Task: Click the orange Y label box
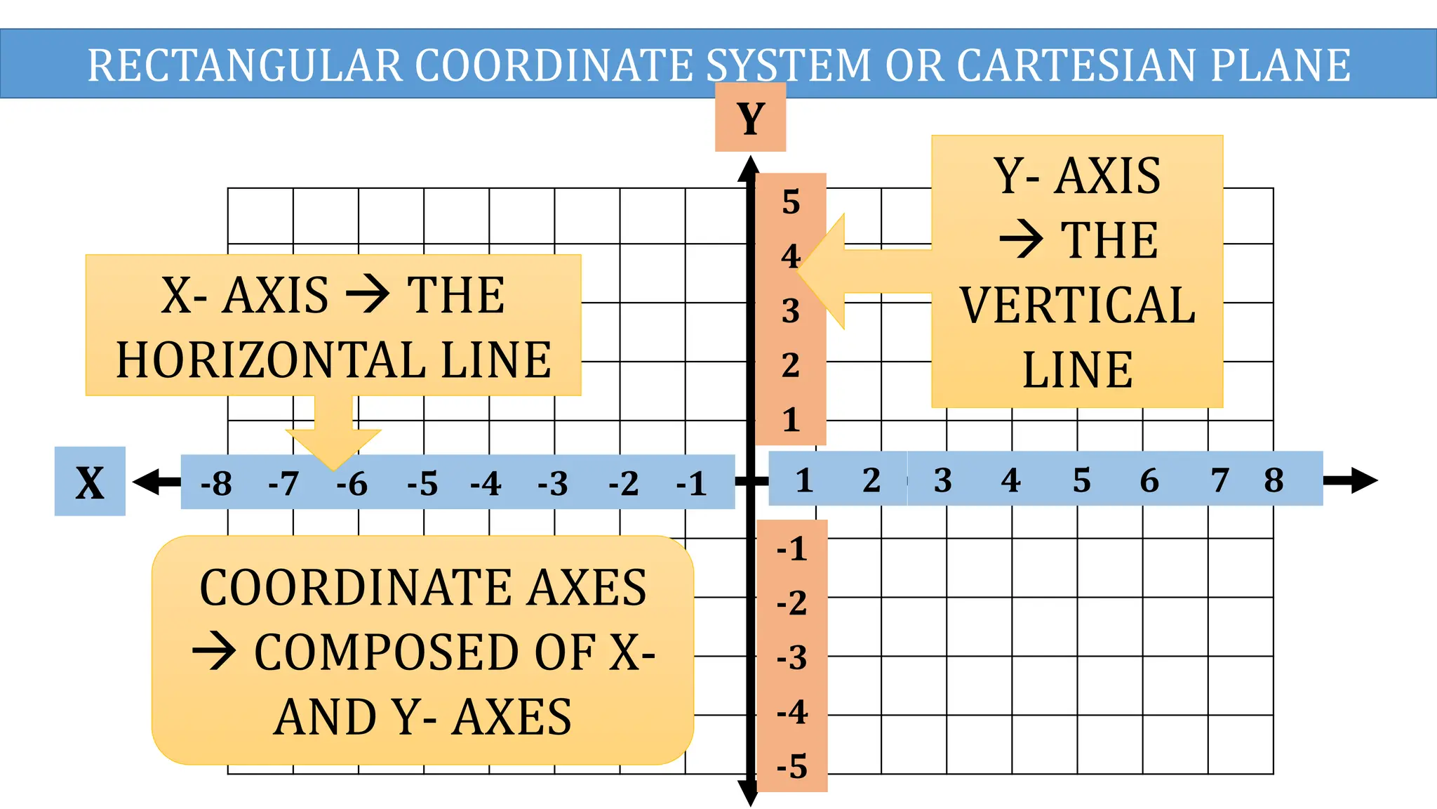pos(750,117)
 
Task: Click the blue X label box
pos(90,482)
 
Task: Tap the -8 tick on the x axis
pos(216,483)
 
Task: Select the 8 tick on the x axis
pos(1274,480)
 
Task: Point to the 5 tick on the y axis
pos(791,202)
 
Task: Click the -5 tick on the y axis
pos(792,766)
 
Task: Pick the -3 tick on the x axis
pos(553,483)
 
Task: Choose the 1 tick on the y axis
pos(791,420)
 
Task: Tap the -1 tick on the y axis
pos(792,548)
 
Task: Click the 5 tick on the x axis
pos(1081,480)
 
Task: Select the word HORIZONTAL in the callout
pos(270,360)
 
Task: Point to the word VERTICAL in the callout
pos(1077,305)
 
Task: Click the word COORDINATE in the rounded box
pos(356,588)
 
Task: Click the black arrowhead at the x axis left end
pos(147,482)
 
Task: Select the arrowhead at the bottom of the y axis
pos(749,794)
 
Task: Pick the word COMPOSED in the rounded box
pos(389,653)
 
